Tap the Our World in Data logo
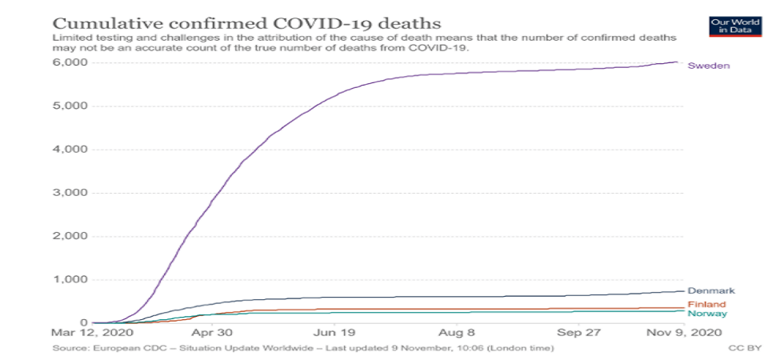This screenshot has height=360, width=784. (x=730, y=25)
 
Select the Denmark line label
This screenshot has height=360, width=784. (x=710, y=291)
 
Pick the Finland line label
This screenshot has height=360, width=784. (x=706, y=305)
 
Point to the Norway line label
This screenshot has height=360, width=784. (x=707, y=314)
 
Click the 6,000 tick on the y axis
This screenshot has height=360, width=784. (x=71, y=62)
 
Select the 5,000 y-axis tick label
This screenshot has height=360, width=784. (x=71, y=106)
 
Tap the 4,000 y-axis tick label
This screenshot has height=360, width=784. (x=71, y=150)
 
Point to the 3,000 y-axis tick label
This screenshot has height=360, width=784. (x=71, y=193)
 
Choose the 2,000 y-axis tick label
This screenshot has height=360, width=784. (x=71, y=236)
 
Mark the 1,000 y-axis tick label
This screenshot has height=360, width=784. (x=71, y=280)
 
